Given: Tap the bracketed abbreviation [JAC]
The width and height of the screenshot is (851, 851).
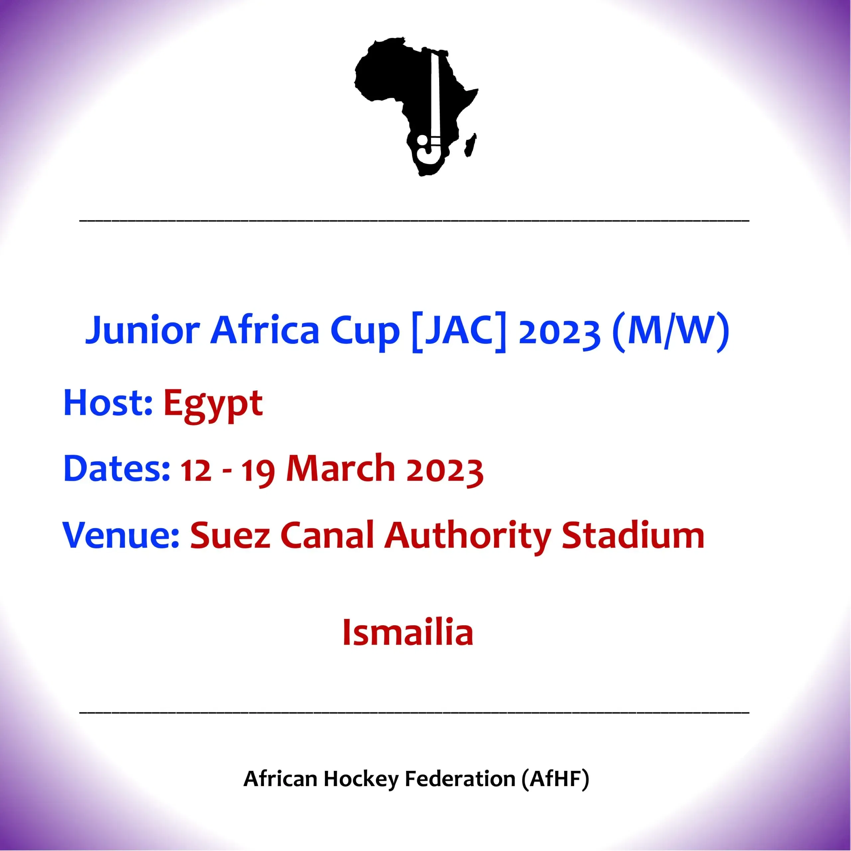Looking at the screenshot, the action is (458, 331).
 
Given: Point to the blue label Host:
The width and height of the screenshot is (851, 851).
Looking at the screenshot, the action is (108, 403).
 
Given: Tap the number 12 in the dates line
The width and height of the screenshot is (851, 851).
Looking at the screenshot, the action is (195, 470).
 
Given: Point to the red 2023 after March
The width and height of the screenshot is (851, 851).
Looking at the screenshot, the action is (444, 471).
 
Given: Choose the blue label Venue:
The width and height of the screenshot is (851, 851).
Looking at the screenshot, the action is (121, 535).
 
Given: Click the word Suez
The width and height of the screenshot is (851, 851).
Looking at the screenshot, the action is (230, 535).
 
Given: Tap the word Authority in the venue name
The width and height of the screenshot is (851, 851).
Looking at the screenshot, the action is (467, 538).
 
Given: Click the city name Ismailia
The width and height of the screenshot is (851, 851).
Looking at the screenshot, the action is (408, 632).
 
